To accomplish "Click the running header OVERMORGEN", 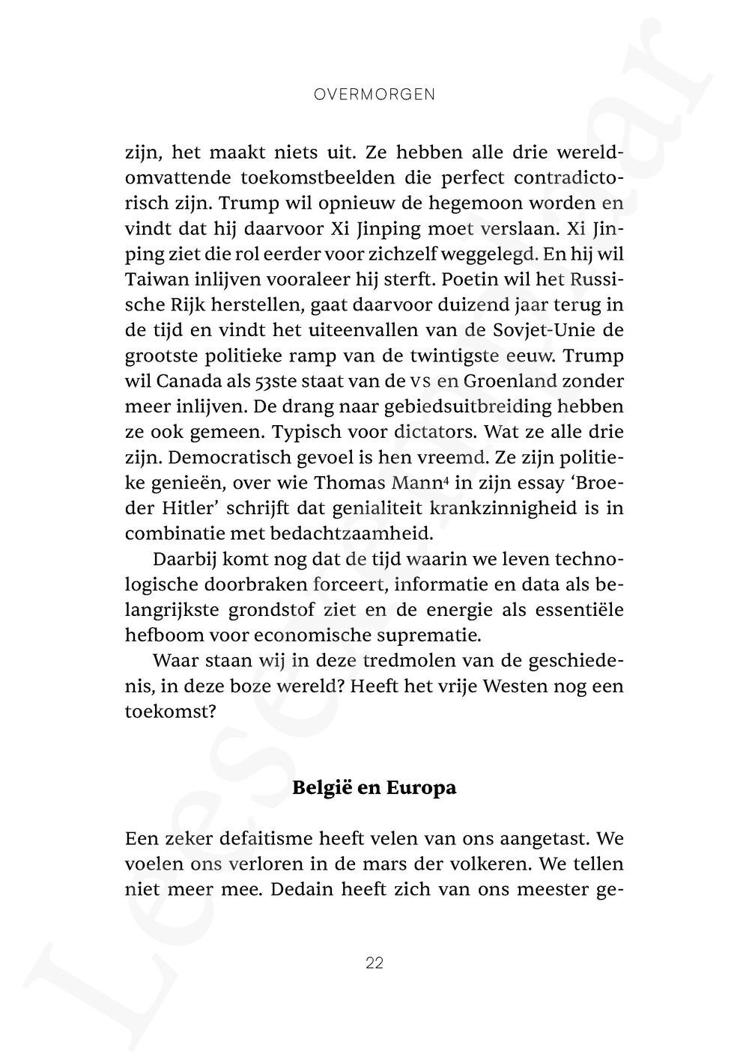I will coord(374,95).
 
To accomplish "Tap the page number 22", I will coord(374,963).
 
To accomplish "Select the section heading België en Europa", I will coord(374,788).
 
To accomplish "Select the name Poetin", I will coord(467,280).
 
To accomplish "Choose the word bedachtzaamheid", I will coord(369,534).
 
